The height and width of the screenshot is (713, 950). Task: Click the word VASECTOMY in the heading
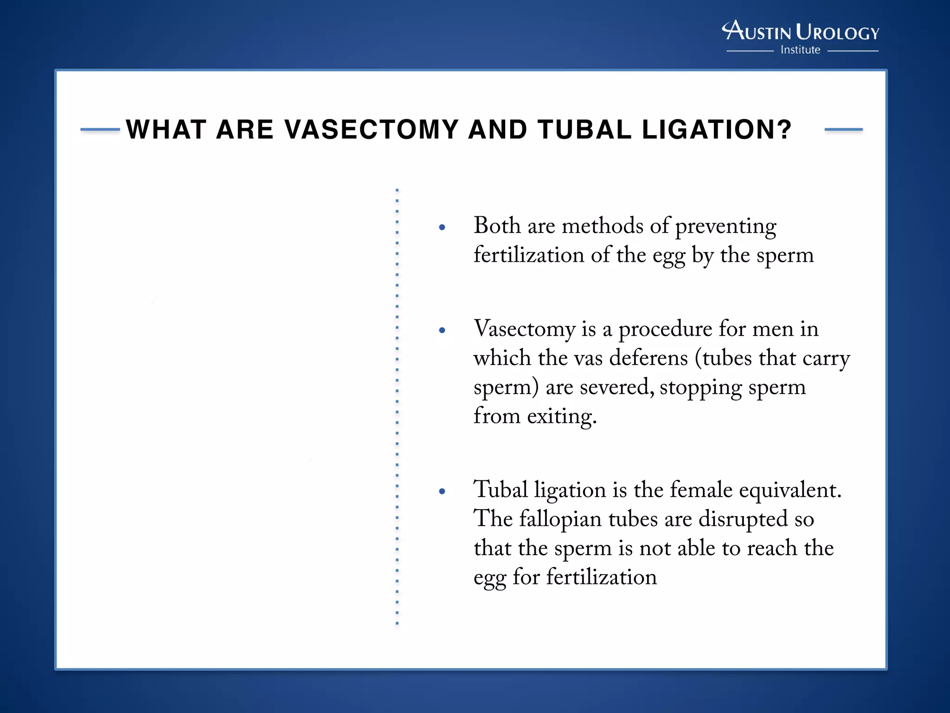pos(371,130)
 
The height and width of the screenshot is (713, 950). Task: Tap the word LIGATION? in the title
pos(717,130)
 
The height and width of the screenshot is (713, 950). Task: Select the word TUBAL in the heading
pos(584,130)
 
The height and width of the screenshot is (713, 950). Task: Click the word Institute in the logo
pos(800,50)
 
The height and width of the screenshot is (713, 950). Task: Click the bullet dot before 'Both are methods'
pos(442,227)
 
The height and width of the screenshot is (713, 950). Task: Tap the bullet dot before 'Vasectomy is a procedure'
pos(442,331)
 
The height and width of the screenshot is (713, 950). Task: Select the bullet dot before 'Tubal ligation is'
pos(442,491)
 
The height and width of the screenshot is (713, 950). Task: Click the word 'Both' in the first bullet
pos(497,226)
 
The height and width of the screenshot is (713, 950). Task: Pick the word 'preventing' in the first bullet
pos(725,227)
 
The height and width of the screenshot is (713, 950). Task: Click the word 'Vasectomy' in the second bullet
pos(524,330)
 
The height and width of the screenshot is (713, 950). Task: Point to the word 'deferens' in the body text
pos(648,358)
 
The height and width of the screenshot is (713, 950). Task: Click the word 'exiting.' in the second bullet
pos(562,416)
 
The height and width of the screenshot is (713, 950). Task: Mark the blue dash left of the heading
pos(100,130)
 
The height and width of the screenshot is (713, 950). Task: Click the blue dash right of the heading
pos(843,130)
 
